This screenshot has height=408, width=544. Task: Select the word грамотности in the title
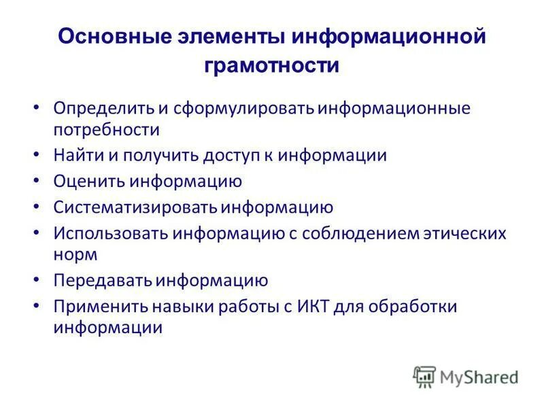pyautogui.click(x=271, y=65)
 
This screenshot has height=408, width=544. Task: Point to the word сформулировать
pyautogui.click(x=245, y=109)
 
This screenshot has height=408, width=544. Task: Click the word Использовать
pyautogui.click(x=110, y=234)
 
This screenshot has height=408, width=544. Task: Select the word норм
pyautogui.click(x=76, y=254)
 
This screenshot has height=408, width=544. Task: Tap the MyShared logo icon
pyautogui.click(x=424, y=376)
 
